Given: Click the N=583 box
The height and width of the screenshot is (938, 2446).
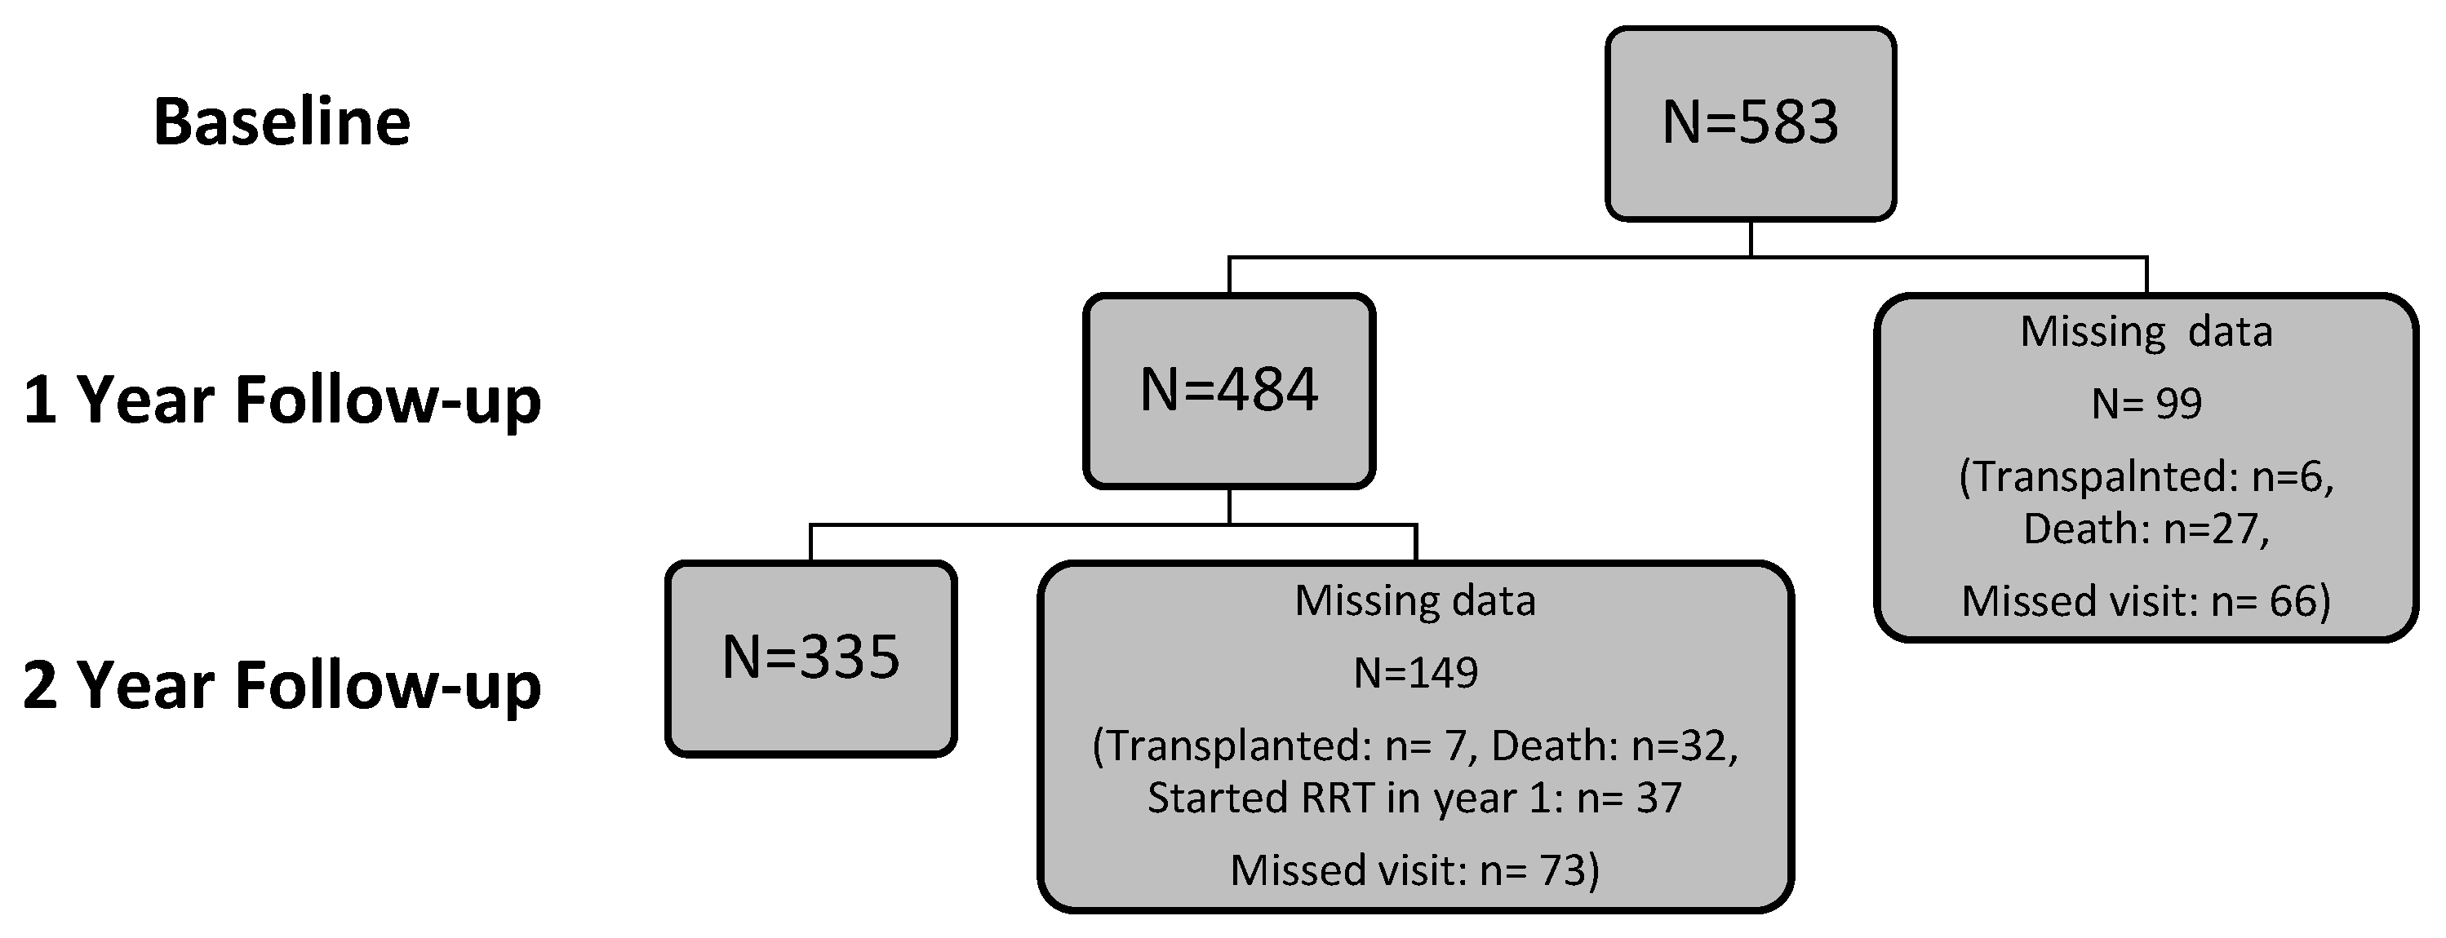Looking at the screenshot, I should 1750,123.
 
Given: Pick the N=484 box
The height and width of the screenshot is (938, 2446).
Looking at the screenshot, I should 1228,390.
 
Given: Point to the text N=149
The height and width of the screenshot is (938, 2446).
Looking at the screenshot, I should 1415,673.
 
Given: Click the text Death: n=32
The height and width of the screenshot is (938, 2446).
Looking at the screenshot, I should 1614,746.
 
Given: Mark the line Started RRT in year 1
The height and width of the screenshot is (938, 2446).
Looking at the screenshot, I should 1415,798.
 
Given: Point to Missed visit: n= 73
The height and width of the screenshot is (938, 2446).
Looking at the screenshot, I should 1415,869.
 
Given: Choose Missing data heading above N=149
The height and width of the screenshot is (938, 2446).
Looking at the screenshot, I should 1415,601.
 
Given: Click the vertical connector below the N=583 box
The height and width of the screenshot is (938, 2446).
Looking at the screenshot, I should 1750,238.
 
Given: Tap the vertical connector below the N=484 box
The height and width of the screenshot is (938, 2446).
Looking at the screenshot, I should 1228,506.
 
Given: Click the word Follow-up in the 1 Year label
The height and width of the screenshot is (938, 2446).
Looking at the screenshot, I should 388,400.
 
